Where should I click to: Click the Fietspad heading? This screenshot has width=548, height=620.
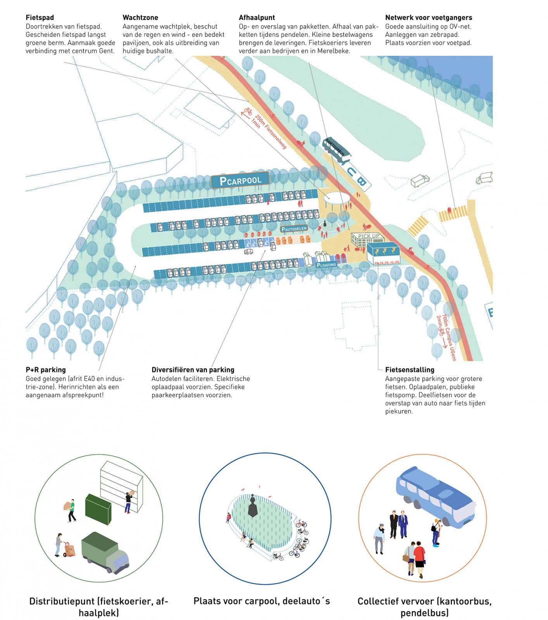pos(40,17)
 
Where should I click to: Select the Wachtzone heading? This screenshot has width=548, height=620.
pos(140,17)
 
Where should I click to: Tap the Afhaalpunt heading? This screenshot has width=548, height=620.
pos(257,17)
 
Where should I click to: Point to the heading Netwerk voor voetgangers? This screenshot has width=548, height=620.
pos(429,17)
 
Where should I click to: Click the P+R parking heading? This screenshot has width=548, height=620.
pos(46,370)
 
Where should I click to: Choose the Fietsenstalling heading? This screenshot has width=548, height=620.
pos(410,370)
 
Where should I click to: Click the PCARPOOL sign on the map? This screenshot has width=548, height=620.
pos(240,180)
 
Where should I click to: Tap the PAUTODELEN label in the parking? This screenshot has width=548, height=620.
pos(294,229)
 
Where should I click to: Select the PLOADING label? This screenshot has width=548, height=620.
pos(326,265)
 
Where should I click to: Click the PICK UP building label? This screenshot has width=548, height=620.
pos(368,236)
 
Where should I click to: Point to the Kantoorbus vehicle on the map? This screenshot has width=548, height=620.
pos(336,149)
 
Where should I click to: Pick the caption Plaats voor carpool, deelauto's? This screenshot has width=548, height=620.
pos(262,601)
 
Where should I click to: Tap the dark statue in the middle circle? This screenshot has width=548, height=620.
pos(253,506)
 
